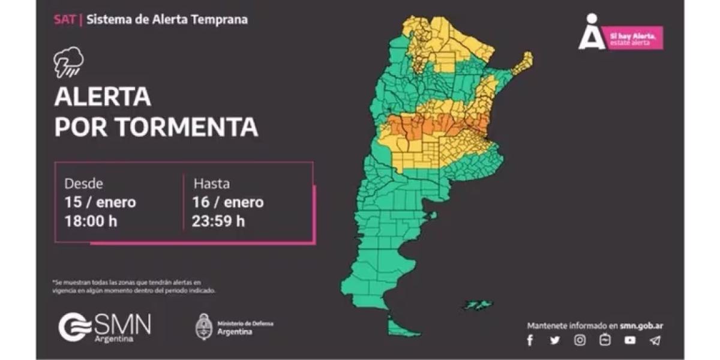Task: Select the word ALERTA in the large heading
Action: [x=103, y=97]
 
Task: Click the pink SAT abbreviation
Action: [x=65, y=19]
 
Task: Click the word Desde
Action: [x=83, y=184]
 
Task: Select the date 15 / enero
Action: [x=100, y=202]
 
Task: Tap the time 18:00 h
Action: [x=91, y=221]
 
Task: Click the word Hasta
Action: [x=211, y=184]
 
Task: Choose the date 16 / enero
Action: [x=228, y=202]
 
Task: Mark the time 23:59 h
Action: [x=218, y=221]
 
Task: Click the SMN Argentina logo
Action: [x=105, y=327]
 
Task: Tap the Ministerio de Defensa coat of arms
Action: [x=205, y=327]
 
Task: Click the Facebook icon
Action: [x=530, y=340]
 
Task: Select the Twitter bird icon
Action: [x=554, y=340]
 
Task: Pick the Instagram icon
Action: [x=580, y=340]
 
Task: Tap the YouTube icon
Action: [x=629, y=340]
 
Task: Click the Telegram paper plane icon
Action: [x=655, y=340]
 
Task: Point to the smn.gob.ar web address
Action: [x=641, y=326]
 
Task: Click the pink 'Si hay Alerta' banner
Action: [x=634, y=38]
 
